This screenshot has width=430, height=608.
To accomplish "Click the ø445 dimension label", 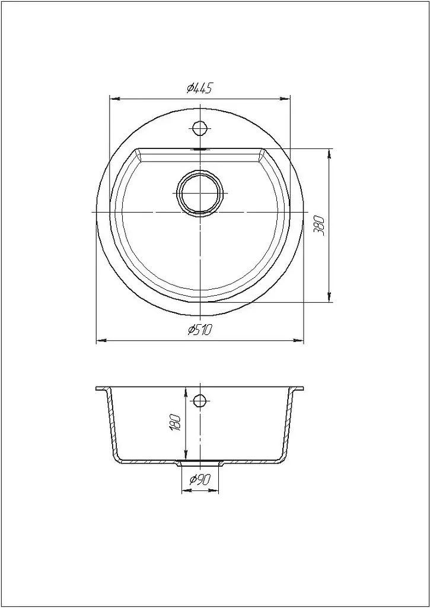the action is pos(199,89).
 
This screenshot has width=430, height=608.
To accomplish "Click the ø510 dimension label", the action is pos(200,330).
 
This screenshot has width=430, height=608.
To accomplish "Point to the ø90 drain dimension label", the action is pos(200,480).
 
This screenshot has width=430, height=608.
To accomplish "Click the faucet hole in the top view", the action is pos(199,128).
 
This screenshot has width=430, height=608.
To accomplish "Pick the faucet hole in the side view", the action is pos(199,400).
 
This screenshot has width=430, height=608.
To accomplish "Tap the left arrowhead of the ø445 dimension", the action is pos(115,99).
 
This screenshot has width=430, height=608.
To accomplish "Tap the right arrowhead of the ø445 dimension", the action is pos(285,99).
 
